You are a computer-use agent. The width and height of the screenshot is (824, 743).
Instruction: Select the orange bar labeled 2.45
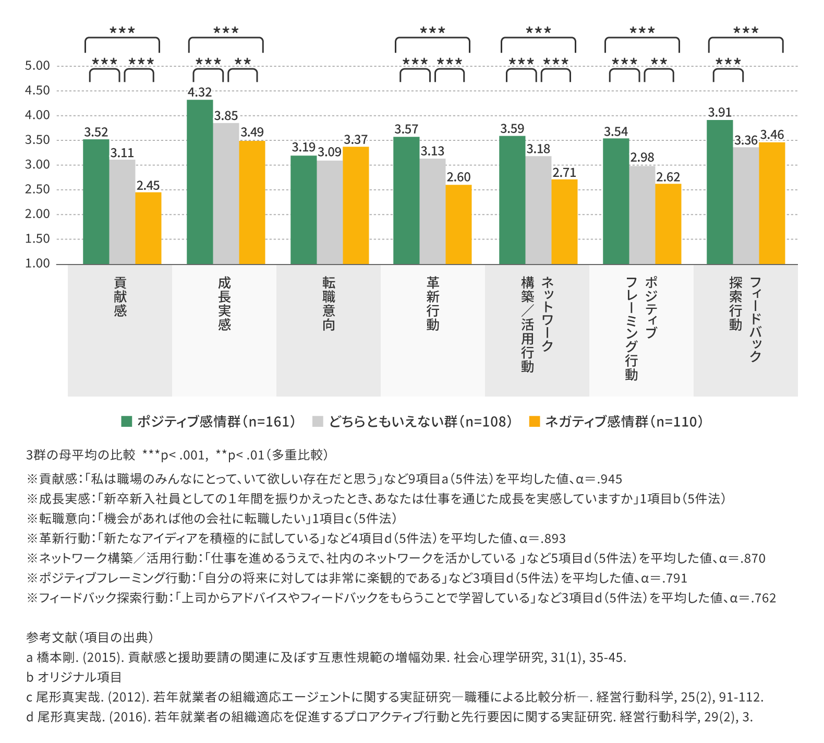pos(148,228)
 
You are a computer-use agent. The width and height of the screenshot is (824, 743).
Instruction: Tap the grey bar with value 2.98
pos(642,215)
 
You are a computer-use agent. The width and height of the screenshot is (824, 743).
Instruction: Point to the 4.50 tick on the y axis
pos(38,91)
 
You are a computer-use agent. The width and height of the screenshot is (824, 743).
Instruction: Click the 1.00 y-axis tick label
pos(38,263)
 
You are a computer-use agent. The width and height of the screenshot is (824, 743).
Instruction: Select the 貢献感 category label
pos(120,296)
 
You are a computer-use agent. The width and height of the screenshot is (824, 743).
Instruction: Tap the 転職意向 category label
pos(329,303)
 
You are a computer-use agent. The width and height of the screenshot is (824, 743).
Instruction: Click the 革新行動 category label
pos(433,303)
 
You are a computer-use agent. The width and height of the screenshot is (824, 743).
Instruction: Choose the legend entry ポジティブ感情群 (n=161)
pos(208,422)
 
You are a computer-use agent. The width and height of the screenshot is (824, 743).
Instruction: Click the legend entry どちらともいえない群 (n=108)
pos(412,422)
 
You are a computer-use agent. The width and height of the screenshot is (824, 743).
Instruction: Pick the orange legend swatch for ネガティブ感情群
pos(535,422)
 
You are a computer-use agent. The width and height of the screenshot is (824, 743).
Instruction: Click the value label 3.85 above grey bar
pos(226,116)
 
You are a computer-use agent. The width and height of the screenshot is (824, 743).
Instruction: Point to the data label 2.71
pos(564,173)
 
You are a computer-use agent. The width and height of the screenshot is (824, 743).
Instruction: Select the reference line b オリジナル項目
pos(74,677)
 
